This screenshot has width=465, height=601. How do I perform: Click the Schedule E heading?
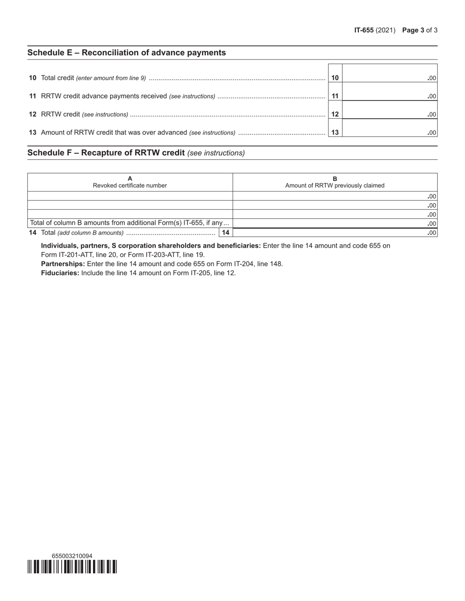point(126,53)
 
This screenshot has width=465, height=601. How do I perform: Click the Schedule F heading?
point(106,153)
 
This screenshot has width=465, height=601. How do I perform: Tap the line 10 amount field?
point(389,77)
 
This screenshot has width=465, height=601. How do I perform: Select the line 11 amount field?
point(389,96)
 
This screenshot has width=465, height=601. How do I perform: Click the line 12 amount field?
point(389,114)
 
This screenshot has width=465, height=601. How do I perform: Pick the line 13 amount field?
point(389,132)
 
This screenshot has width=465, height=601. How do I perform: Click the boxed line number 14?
point(226,233)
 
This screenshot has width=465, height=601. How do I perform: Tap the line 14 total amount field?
point(335,233)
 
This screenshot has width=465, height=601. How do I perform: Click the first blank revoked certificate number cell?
point(130,196)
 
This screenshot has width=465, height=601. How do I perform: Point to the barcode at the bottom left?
point(72,567)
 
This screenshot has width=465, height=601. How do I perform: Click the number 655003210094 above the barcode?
point(72,556)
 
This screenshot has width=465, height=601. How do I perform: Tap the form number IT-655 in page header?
point(364,30)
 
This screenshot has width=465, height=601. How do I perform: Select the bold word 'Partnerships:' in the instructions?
point(63,264)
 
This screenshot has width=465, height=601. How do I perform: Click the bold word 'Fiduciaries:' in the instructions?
point(60,273)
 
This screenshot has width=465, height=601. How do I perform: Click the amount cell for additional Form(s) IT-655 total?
point(335,223)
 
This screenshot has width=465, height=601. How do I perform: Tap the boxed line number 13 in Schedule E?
point(335,132)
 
